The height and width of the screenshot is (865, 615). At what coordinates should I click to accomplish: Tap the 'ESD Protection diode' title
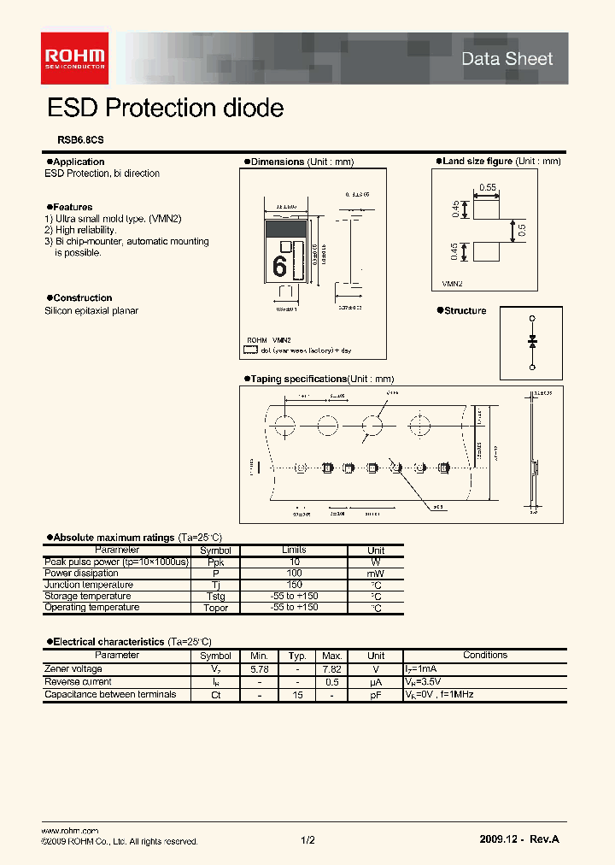click(165, 109)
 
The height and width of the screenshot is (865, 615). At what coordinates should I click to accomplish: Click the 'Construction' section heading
click(82, 298)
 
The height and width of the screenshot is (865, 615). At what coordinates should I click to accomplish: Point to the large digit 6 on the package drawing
click(279, 267)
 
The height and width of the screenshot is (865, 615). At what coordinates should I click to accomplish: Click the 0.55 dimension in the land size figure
click(487, 186)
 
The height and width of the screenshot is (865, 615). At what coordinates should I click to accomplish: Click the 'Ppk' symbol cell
click(215, 562)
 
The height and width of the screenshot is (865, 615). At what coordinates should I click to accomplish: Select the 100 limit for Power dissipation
click(294, 574)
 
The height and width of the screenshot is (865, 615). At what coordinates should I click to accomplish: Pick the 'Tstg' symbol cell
click(215, 597)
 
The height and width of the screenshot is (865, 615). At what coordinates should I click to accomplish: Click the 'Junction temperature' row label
click(88, 585)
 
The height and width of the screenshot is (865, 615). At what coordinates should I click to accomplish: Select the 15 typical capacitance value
click(296, 695)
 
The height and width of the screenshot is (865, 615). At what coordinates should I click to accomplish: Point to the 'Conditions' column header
click(484, 656)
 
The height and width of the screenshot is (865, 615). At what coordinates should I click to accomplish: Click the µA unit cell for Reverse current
click(375, 682)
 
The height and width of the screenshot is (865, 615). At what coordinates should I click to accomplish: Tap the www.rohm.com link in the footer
click(69, 831)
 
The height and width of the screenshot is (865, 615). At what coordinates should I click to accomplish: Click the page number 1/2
click(307, 841)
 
